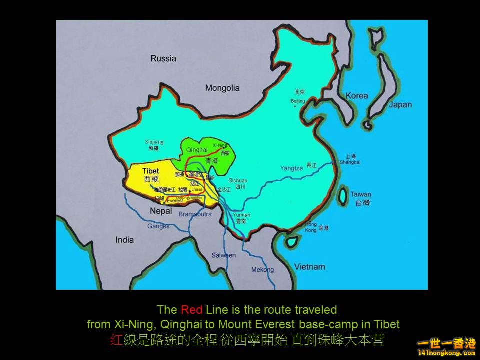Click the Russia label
pos(163,58)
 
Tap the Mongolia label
pos(222,88)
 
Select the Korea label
pos(357,95)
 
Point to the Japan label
pos(400,104)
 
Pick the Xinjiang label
pos(154,142)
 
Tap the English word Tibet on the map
pos(150,171)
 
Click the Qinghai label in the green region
pos(196,149)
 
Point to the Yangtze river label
pos(291,168)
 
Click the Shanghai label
pos(350,162)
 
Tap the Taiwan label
pos(360,194)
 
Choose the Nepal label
pos(161,211)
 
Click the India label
pos(124,240)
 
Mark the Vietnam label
pos(309,266)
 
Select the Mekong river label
pos(262,270)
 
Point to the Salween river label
pos(223,255)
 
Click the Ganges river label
pos(158,226)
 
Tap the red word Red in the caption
pos(192,310)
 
